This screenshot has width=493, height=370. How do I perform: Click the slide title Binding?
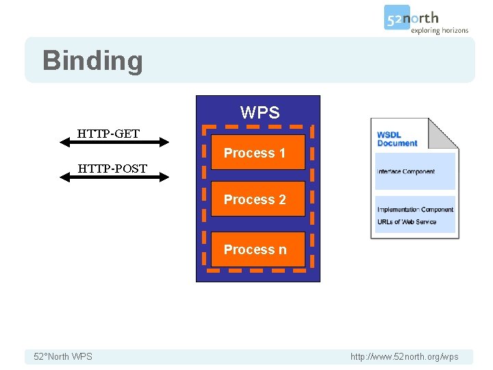click(x=92, y=60)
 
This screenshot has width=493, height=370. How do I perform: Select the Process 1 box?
click(x=257, y=153)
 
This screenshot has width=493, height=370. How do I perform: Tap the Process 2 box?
click(x=257, y=199)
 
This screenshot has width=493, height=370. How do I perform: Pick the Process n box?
click(x=257, y=249)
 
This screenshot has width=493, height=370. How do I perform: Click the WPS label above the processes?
click(x=260, y=112)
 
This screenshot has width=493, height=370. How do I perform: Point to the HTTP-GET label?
click(x=108, y=133)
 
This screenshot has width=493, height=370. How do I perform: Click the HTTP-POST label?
click(x=112, y=168)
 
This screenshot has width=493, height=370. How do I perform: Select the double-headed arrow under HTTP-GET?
click(x=114, y=143)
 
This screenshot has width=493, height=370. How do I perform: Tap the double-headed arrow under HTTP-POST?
click(x=114, y=177)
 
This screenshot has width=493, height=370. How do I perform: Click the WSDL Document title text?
click(x=397, y=139)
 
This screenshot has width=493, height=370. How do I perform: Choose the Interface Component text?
click(x=405, y=171)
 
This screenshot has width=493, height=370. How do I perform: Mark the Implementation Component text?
click(x=415, y=210)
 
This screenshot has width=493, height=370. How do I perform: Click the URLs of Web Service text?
click(x=407, y=222)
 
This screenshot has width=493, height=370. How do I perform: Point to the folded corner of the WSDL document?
click(x=446, y=130)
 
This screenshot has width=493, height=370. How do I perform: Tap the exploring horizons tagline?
click(x=440, y=31)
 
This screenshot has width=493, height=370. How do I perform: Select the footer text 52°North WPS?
click(x=63, y=356)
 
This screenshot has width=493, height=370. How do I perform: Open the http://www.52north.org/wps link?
click(x=404, y=356)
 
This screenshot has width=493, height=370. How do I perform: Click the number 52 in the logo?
click(x=395, y=18)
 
